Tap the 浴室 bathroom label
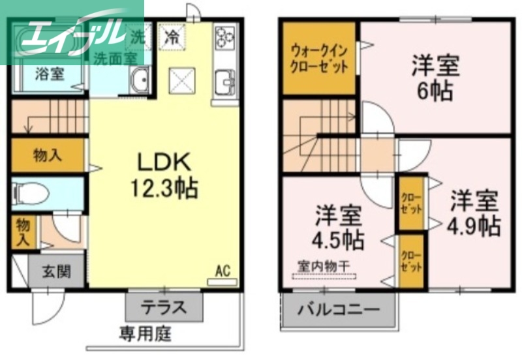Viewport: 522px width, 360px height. (49, 73)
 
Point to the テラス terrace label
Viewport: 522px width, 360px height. (164, 306)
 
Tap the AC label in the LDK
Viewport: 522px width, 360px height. (223, 271)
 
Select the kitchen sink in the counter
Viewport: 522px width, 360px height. (225, 82)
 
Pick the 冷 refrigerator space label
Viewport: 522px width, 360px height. (172, 36)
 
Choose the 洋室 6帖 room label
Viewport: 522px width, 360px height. (435, 77)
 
